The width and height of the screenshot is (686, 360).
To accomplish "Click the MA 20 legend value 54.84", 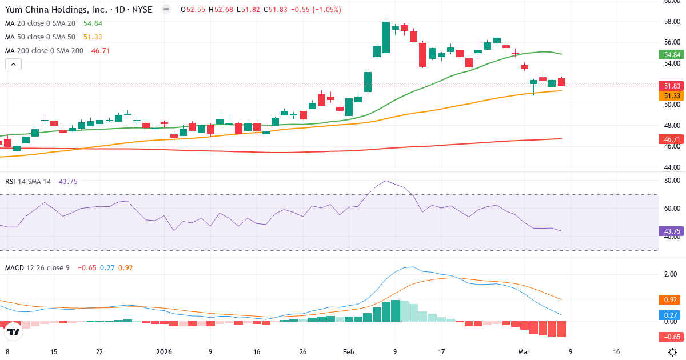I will pyautogui.click(x=93, y=23).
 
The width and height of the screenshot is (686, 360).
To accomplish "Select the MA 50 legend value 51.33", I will pyautogui.click(x=93, y=37).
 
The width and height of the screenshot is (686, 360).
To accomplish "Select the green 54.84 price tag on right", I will pyautogui.click(x=672, y=55).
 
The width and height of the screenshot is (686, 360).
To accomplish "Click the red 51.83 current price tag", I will pyautogui.click(x=672, y=86).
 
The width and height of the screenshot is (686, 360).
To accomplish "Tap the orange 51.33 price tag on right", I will pyautogui.click(x=672, y=96).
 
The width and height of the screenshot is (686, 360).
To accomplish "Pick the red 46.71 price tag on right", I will pyautogui.click(x=672, y=139).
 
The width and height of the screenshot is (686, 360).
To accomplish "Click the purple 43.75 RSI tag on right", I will pyautogui.click(x=672, y=231).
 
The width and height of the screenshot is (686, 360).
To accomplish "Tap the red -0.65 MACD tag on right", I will pyautogui.click(x=672, y=337).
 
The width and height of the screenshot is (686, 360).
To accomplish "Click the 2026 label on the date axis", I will pyautogui.click(x=165, y=352).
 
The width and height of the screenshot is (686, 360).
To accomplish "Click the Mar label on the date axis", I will pyautogui.click(x=524, y=352).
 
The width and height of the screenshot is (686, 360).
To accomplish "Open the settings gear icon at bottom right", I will pyautogui.click(x=673, y=352).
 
